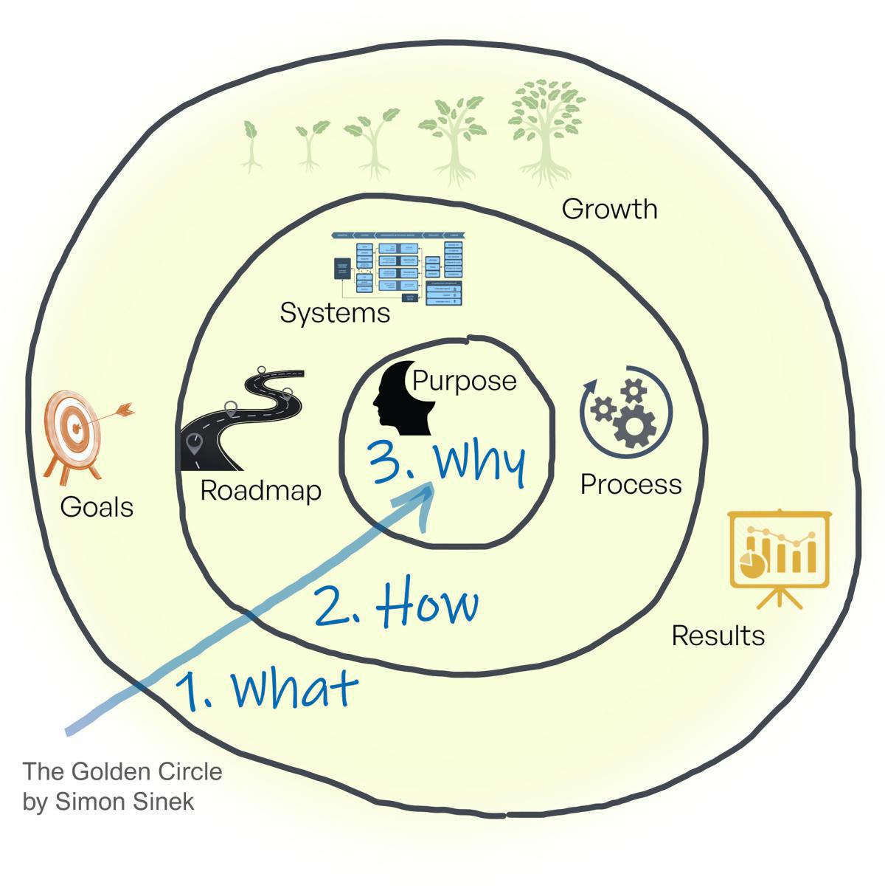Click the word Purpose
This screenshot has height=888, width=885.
click(464, 380)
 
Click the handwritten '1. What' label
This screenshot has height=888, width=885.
click(266, 689)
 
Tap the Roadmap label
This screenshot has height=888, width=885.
click(260, 490)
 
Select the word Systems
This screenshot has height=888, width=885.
click(334, 313)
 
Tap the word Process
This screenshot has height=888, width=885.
click(631, 484)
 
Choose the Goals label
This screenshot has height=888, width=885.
click(97, 507)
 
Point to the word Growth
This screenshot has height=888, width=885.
click(609, 209)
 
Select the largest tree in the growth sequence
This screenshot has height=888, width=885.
click(546, 129)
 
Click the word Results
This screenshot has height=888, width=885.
click(718, 635)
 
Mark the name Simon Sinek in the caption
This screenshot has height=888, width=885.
click(125, 802)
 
